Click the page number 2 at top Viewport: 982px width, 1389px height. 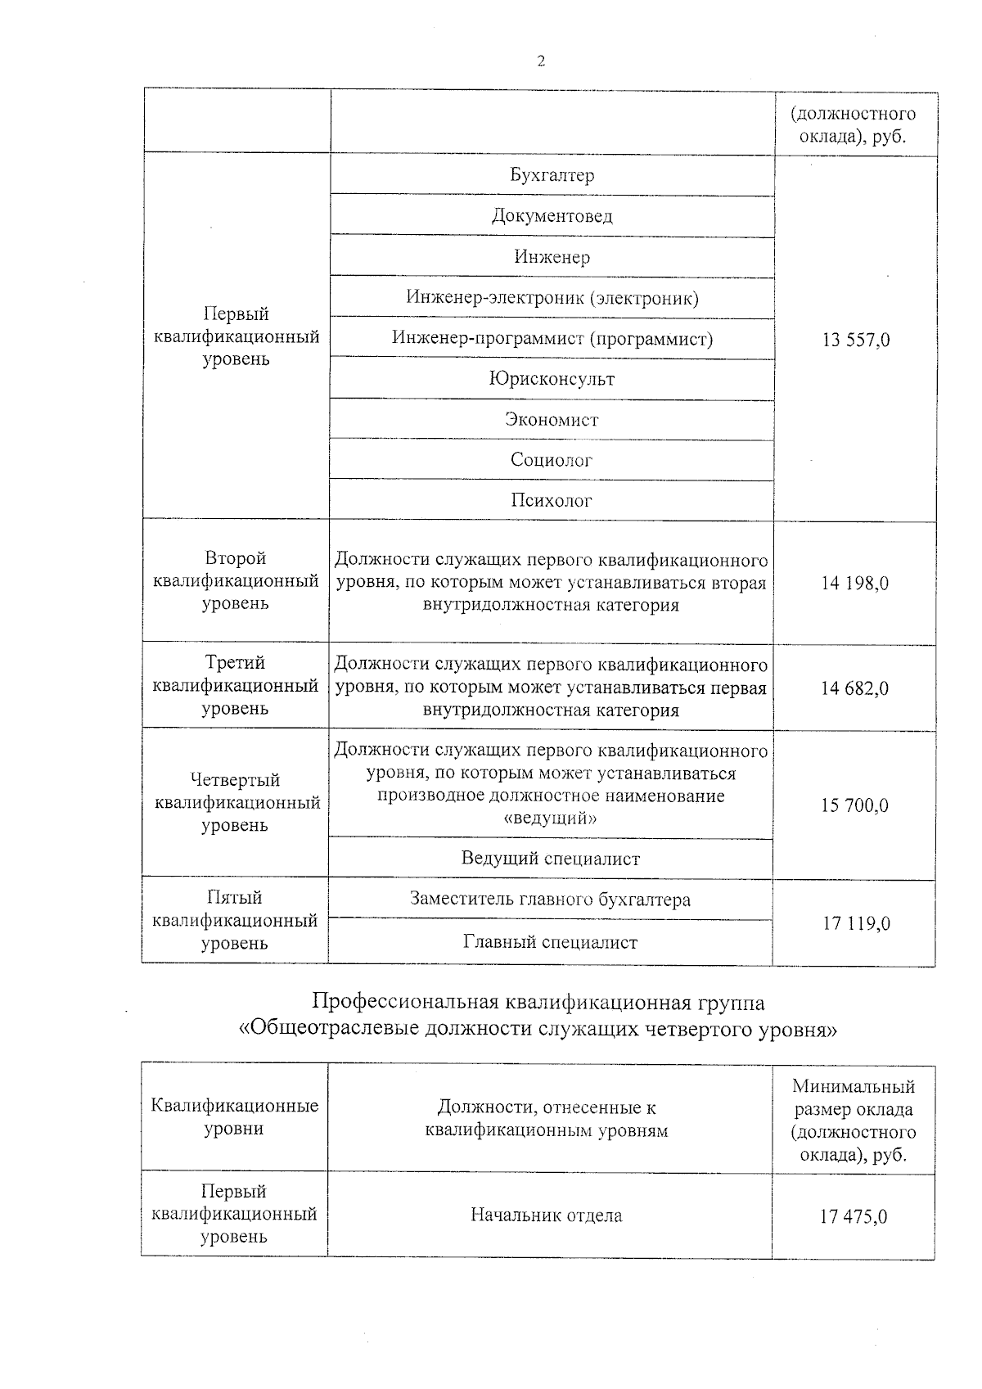(540, 61)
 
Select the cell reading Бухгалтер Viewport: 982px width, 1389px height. (552, 175)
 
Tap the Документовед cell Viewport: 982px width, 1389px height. (552, 216)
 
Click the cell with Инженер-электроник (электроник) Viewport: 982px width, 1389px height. (552, 298)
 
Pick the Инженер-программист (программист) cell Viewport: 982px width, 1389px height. (552, 338)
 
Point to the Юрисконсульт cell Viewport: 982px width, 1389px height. (552, 379)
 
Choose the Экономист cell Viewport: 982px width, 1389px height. (552, 420)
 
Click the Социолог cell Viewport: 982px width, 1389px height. (552, 460)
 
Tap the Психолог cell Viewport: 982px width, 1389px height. (552, 500)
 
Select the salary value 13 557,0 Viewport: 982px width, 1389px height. (855, 340)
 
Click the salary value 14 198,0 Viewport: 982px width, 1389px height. (855, 584)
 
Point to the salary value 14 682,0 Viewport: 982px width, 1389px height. (855, 688)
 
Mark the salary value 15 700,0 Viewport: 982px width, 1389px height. (855, 805)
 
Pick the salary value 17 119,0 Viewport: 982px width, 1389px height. (855, 924)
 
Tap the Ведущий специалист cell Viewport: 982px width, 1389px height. (550, 859)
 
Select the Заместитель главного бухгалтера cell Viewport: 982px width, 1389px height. (550, 900)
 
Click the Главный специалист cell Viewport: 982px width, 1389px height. (550, 942)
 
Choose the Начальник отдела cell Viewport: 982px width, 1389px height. (547, 1215)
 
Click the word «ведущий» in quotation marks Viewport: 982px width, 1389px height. (551, 818)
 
